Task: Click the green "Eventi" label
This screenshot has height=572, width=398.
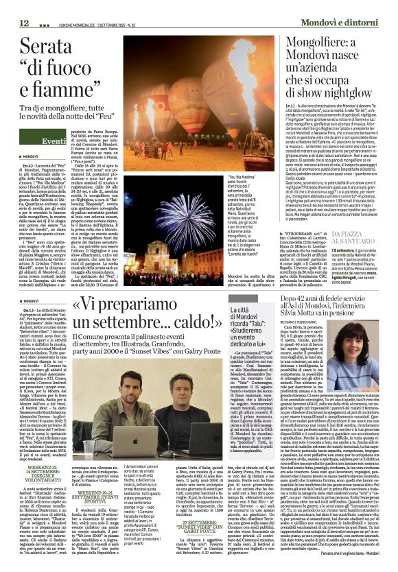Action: (54, 140)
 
